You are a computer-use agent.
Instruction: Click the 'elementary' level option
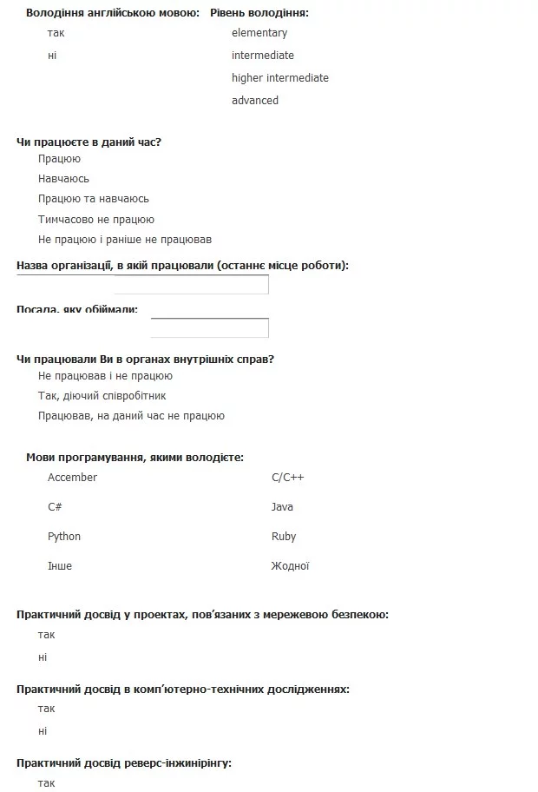(259, 33)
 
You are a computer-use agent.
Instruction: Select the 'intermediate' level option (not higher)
(262, 56)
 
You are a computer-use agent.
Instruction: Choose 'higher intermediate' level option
(279, 78)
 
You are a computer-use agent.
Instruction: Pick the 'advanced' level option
(254, 101)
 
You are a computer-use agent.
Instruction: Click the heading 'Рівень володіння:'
(259, 13)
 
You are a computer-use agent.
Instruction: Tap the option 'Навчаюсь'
(63, 179)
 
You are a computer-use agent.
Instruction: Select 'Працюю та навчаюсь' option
(93, 199)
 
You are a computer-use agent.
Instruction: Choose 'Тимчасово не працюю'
(95, 220)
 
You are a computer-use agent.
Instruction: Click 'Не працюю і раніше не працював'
(124, 240)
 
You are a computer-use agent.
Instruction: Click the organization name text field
(192, 285)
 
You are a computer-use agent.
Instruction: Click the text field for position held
(209, 327)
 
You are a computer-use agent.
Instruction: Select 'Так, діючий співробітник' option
(102, 396)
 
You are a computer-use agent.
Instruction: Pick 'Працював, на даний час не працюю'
(131, 416)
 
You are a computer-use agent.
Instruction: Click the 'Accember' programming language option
(72, 478)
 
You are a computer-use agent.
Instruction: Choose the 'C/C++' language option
(287, 478)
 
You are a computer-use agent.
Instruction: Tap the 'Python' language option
(63, 537)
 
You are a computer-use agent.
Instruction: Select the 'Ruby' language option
(283, 537)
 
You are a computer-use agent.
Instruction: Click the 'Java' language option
(282, 507)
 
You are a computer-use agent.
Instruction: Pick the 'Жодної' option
(290, 566)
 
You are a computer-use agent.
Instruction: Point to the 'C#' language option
(55, 507)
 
